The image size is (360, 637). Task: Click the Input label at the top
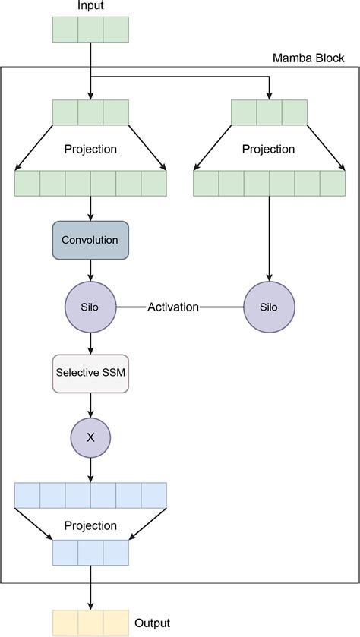pyautogui.click(x=90, y=6)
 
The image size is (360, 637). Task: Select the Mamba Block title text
pyautogui.click(x=308, y=58)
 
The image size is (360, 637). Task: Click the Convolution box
pyautogui.click(x=90, y=240)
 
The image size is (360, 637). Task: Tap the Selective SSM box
pyautogui.click(x=90, y=373)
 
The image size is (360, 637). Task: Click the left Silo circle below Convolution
pyautogui.click(x=90, y=307)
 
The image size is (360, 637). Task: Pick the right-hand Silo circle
pyautogui.click(x=269, y=307)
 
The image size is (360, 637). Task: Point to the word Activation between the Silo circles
pyautogui.click(x=173, y=307)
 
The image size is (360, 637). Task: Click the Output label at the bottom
pyautogui.click(x=152, y=623)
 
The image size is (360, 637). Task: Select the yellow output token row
pyautogui.click(x=90, y=623)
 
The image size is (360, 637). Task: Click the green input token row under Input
pyautogui.click(x=90, y=30)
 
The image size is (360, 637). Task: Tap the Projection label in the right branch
pyautogui.click(x=269, y=149)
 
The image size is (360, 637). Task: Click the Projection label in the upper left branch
pyautogui.click(x=90, y=149)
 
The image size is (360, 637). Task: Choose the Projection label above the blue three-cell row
pyautogui.click(x=90, y=525)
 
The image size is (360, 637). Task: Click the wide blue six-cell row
pyautogui.click(x=90, y=495)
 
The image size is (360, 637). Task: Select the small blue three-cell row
pyautogui.click(x=90, y=552)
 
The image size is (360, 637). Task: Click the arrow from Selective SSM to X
pyautogui.click(x=90, y=404)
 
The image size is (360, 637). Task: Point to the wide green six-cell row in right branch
pyautogui.click(x=269, y=183)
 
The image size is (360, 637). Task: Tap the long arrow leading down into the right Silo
pyautogui.click(x=269, y=235)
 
